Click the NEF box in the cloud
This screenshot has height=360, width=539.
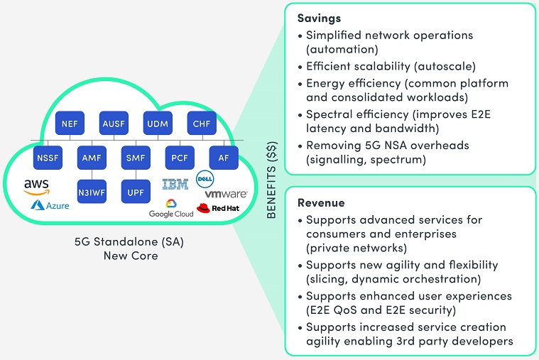[x=70, y=124]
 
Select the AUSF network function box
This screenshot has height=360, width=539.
[x=114, y=124]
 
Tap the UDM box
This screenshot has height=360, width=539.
[x=157, y=124]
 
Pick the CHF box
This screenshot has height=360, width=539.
[x=201, y=124]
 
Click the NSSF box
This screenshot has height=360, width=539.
[x=48, y=157]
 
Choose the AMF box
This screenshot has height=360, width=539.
[x=92, y=157]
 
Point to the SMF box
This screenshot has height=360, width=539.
[x=135, y=157]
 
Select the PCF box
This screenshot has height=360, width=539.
[x=179, y=157]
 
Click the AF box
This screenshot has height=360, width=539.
[x=223, y=157]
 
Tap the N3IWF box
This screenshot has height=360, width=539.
[x=92, y=191]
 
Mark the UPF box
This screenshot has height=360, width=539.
[x=135, y=191]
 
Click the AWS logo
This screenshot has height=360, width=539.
[x=36, y=187]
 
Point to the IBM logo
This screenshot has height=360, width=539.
[x=175, y=185]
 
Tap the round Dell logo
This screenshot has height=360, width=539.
[x=205, y=178]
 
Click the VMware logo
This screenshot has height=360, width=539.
[x=226, y=194]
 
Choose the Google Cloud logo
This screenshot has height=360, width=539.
[x=171, y=209]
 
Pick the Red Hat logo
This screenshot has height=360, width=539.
[x=216, y=209]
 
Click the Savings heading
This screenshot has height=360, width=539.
[x=320, y=17]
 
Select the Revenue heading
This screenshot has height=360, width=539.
[x=322, y=202]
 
